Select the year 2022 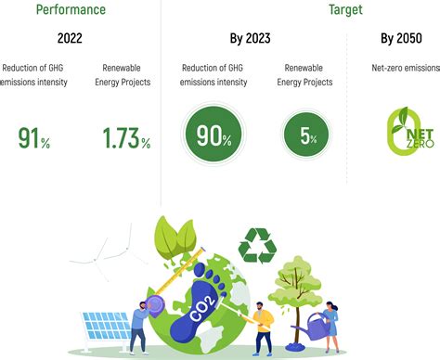(71, 40)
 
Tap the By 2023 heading (250, 40)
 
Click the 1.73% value (125, 138)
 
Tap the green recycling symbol (257, 246)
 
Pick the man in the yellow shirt (264, 325)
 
